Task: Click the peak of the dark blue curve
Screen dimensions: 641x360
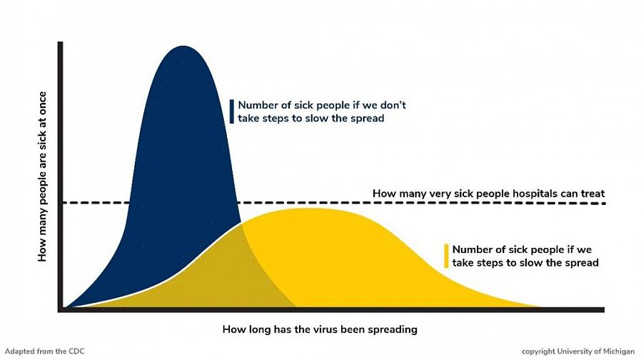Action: pyautogui.click(x=183, y=46)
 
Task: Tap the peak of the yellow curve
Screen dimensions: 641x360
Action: pyautogui.click(x=305, y=209)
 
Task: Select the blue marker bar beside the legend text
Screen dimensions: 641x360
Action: pyautogui.click(x=232, y=111)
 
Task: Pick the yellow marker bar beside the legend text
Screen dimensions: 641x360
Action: pyautogui.click(x=446, y=256)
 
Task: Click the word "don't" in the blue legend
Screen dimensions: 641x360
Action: pyautogui.click(x=393, y=105)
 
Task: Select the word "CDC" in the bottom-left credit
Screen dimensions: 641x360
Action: pyautogui.click(x=76, y=351)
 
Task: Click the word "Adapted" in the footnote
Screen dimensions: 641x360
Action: pyautogui.click(x=19, y=351)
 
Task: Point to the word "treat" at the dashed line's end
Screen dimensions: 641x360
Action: pyautogui.click(x=592, y=194)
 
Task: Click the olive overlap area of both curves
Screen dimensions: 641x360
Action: pyautogui.click(x=213, y=278)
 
